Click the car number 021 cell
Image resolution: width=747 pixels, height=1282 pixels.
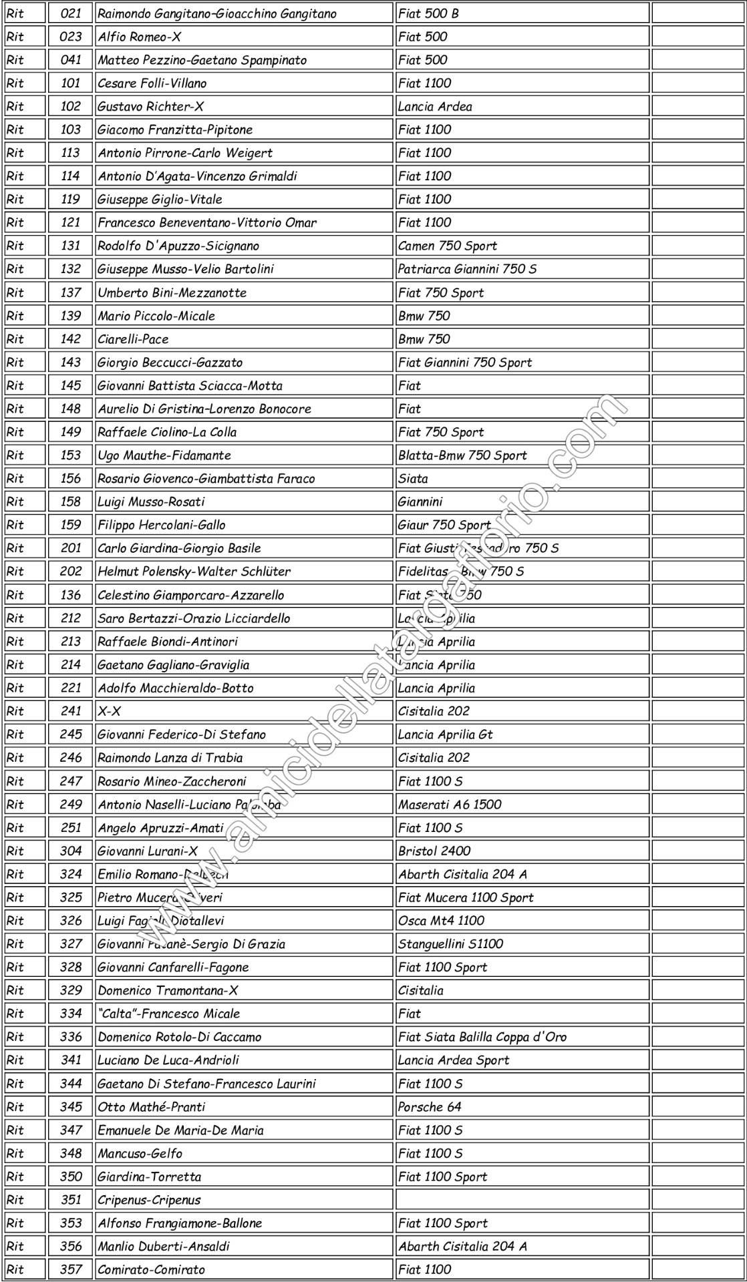coord(70,13)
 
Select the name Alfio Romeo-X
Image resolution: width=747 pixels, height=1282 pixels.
coord(139,37)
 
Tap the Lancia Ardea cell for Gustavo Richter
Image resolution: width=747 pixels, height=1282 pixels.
coord(435,107)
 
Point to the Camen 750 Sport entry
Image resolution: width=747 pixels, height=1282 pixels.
coord(447,246)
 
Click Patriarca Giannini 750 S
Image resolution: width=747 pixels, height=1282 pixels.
coord(466,269)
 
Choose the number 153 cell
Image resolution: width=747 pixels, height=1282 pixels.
coord(70,455)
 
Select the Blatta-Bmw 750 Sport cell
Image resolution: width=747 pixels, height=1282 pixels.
coord(462,455)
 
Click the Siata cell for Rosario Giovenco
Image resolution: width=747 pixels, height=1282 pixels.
coord(413,479)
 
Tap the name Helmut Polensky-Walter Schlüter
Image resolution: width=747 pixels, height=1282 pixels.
coord(194,572)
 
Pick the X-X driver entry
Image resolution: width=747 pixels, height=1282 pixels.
coord(110,711)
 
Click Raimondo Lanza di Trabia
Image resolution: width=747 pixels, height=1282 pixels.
coord(170,758)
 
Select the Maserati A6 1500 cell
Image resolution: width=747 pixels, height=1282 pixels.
coord(449,805)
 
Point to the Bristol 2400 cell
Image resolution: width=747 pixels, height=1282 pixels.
coord(434,851)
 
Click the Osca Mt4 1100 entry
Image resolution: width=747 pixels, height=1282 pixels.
coord(441,921)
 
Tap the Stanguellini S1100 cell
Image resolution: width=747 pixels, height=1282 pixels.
coord(450,944)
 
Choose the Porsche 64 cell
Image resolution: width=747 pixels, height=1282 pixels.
coord(430,1107)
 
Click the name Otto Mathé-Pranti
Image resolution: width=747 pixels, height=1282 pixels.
coord(151,1107)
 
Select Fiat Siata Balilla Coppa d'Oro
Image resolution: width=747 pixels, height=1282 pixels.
coord(482,1037)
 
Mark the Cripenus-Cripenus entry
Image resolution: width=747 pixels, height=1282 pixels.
coord(149,1200)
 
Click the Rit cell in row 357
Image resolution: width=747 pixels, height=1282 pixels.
coord(15,1270)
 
